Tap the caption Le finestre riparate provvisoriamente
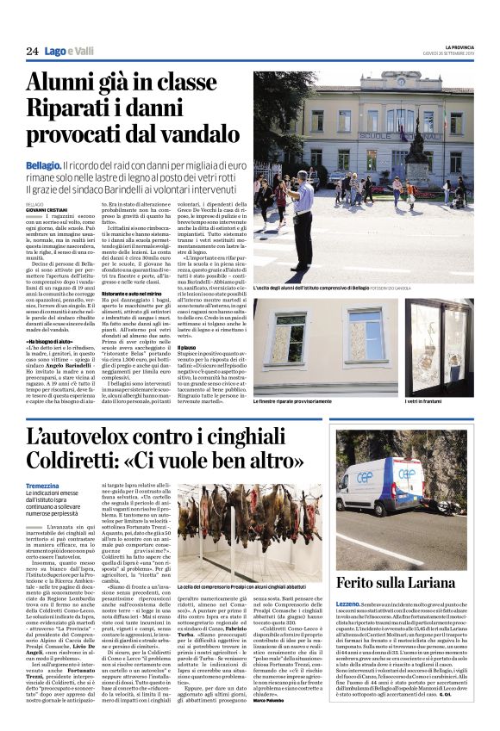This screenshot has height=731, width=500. pos(301,403)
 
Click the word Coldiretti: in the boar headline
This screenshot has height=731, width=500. pos(72,462)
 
